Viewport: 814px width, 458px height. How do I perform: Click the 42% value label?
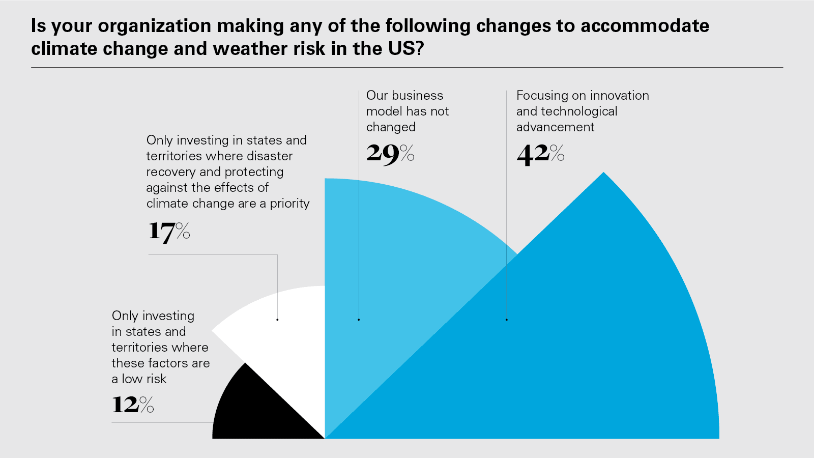pyautogui.click(x=540, y=154)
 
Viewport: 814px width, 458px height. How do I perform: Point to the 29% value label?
pyautogui.click(x=390, y=154)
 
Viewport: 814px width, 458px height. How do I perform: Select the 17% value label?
pyautogui.click(x=169, y=232)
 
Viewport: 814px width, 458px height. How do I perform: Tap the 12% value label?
pyautogui.click(x=133, y=405)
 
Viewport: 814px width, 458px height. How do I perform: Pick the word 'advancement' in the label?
pyautogui.click(x=555, y=127)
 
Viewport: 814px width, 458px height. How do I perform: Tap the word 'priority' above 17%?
pyautogui.click(x=289, y=204)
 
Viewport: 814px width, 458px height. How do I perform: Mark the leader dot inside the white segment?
pyautogui.click(x=277, y=320)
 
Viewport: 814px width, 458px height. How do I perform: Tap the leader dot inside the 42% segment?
pyautogui.click(x=507, y=320)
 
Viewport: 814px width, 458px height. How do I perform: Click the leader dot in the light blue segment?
pyautogui.click(x=359, y=320)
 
